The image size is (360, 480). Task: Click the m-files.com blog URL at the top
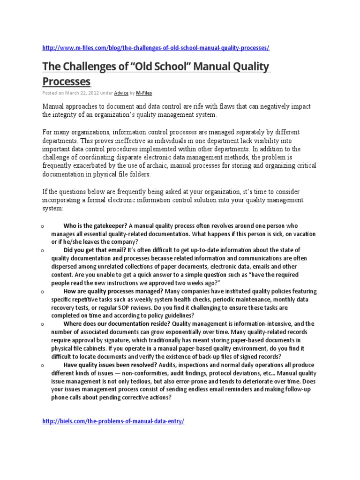point(156,48)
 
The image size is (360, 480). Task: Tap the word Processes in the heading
point(66,82)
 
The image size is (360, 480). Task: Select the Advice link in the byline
point(121,93)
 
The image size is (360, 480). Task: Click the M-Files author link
point(144,93)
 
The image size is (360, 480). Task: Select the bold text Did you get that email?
point(93,250)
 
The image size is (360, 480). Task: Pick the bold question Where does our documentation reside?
point(117,324)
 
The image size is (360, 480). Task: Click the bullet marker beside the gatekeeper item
point(42,227)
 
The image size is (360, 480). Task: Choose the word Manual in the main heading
point(210,67)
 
